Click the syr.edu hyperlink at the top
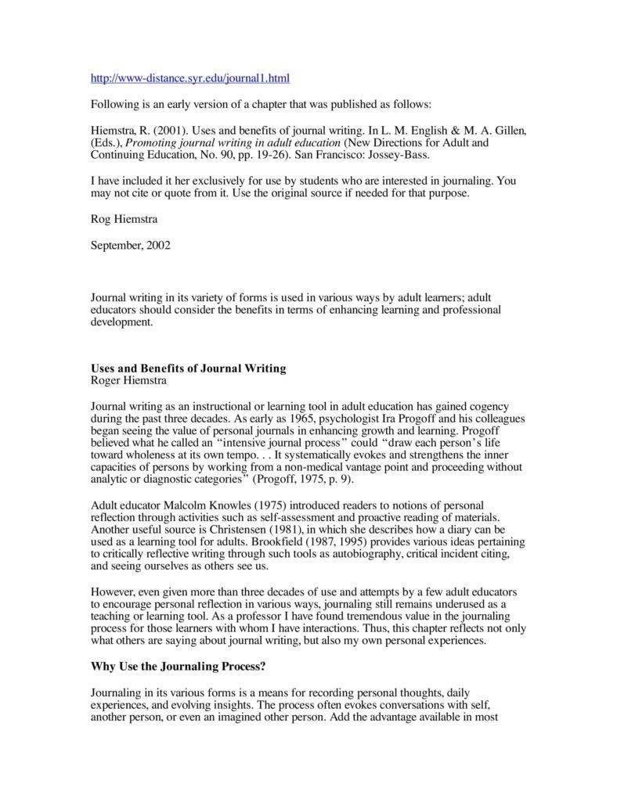pos(190,78)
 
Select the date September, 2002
pos(131,244)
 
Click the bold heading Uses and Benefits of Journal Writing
pos(189,368)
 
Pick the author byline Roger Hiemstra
pos(128,380)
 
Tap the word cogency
pos(488,407)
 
